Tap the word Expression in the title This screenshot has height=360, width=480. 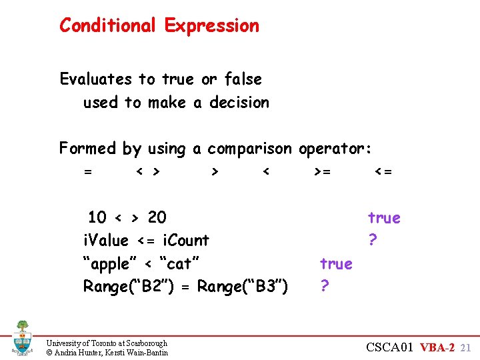(x=211, y=27)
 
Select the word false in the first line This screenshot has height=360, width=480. (x=243, y=79)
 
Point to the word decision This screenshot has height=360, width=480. (x=239, y=103)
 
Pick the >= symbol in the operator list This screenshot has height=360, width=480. (x=322, y=172)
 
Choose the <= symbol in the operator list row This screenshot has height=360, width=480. (x=383, y=172)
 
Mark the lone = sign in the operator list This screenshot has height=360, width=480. (x=88, y=172)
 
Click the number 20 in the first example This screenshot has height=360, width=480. (x=157, y=217)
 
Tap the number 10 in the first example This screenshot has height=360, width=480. (x=97, y=217)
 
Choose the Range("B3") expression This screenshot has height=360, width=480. (x=243, y=287)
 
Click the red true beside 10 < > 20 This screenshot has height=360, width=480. (x=384, y=217)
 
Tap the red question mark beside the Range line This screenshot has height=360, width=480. (x=324, y=287)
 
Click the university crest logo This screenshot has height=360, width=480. (x=22, y=337)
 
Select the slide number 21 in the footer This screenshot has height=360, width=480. (x=466, y=347)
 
